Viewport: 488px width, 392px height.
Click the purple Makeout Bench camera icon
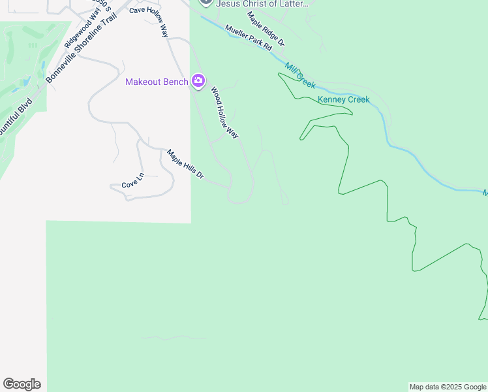[x=198, y=81]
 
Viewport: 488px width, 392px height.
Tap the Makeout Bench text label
[x=157, y=82]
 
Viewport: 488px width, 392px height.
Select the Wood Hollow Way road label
[x=224, y=113]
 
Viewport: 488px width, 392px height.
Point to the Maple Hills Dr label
[x=186, y=165]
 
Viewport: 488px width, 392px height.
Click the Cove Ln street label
[x=132, y=181]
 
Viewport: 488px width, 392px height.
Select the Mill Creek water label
[x=300, y=76]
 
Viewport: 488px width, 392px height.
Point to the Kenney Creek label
[x=343, y=100]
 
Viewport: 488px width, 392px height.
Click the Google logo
[x=22, y=384]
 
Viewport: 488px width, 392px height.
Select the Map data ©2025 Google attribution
[x=448, y=387]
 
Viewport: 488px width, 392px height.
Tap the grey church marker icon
[x=206, y=2]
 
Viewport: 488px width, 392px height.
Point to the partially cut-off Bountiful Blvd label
[x=14, y=118]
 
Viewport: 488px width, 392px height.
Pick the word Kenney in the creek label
[x=331, y=100]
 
